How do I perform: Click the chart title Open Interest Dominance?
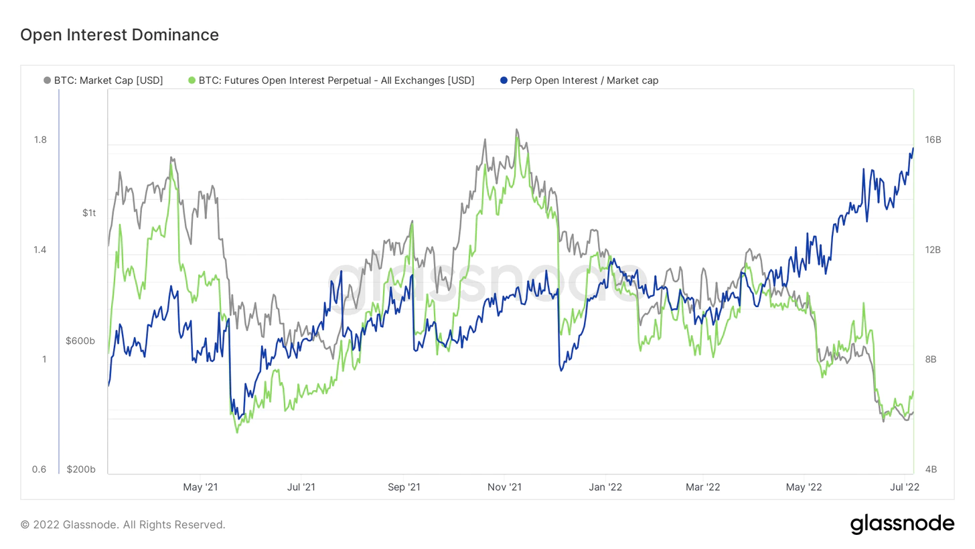(x=120, y=35)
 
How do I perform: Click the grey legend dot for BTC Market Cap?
(x=47, y=80)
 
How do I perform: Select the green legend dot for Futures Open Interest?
(x=193, y=80)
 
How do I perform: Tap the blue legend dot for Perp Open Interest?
(x=503, y=80)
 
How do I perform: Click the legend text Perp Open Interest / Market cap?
(x=584, y=80)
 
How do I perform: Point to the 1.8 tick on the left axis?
(x=40, y=140)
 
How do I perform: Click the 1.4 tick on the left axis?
(x=40, y=250)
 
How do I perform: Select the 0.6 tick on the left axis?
(x=40, y=469)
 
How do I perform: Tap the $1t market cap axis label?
(x=89, y=213)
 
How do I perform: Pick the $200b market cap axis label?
(x=82, y=469)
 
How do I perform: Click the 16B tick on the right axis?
(x=933, y=140)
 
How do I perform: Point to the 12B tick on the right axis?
(x=933, y=250)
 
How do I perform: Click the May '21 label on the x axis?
(x=201, y=487)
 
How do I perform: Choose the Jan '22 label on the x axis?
(x=607, y=487)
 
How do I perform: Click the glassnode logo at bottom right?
(x=902, y=524)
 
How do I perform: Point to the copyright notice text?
(x=123, y=525)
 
